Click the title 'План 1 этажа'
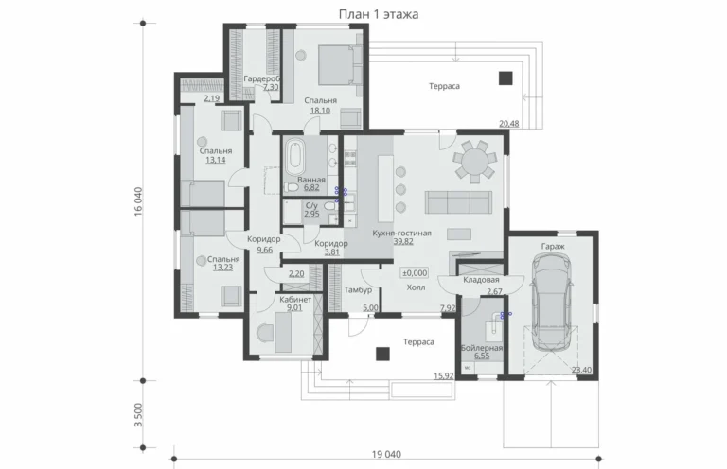379,14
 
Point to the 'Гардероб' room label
262,78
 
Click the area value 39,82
403,241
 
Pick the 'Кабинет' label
295,300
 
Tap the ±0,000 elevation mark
415,273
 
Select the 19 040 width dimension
386,454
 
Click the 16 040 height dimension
138,201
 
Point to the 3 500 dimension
138,415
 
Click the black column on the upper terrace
505,78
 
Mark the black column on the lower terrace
382,354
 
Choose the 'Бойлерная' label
482,348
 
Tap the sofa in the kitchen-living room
458,202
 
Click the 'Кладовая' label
481,280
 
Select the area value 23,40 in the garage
581,370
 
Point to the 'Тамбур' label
358,290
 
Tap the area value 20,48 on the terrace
508,124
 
